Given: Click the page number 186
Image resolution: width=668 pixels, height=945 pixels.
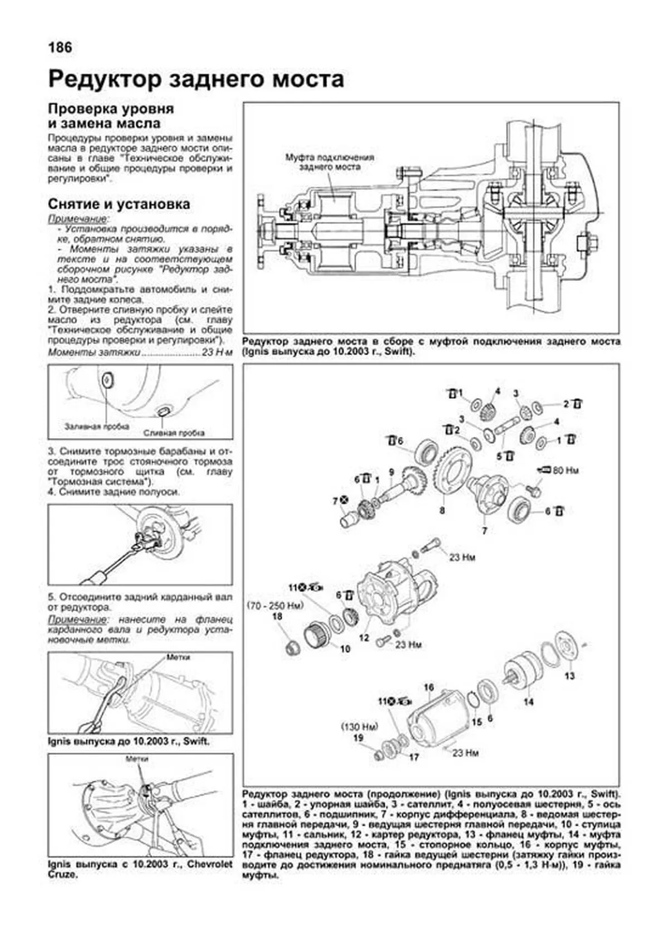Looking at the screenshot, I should pyautogui.click(x=61, y=47).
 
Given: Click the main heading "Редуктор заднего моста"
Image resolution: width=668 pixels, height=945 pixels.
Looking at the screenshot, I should pyautogui.click(x=196, y=79).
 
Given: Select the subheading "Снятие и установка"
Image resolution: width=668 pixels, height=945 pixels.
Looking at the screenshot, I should pyautogui.click(x=119, y=204).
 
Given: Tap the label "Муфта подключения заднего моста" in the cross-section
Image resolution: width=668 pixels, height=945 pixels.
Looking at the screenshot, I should pyautogui.click(x=330, y=161).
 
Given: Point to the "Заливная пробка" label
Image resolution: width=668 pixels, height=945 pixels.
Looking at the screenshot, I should pyautogui.click(x=97, y=426).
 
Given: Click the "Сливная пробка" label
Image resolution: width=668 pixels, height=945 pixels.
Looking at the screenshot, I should pyautogui.click(x=174, y=432).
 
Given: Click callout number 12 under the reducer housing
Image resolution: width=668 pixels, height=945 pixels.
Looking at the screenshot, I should pyautogui.click(x=364, y=638).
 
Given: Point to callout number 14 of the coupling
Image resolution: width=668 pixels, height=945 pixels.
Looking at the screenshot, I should pyautogui.click(x=528, y=702).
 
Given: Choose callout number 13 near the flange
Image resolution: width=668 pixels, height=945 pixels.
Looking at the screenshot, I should pyautogui.click(x=569, y=676).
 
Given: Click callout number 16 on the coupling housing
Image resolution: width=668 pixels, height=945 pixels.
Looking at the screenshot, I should pyautogui.click(x=429, y=688).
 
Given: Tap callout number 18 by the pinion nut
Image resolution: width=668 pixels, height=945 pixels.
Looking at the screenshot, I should pyautogui.click(x=277, y=616).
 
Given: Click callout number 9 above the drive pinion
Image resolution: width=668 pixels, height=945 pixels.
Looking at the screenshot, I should pyautogui.click(x=391, y=472).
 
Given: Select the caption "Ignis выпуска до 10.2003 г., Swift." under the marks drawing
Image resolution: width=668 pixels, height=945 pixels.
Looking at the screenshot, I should pyautogui.click(x=129, y=742).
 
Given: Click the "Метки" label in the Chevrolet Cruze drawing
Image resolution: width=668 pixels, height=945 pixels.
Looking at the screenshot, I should pyautogui.click(x=137, y=758).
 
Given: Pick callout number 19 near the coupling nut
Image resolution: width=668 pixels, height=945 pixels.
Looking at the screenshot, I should pyautogui.click(x=358, y=737).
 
